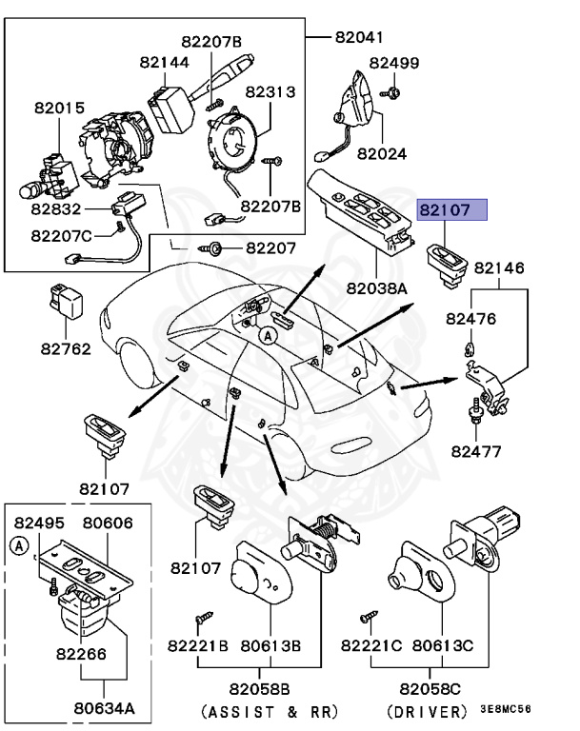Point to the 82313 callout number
click(x=270, y=92)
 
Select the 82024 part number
click(x=382, y=152)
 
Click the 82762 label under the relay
click(x=66, y=348)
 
